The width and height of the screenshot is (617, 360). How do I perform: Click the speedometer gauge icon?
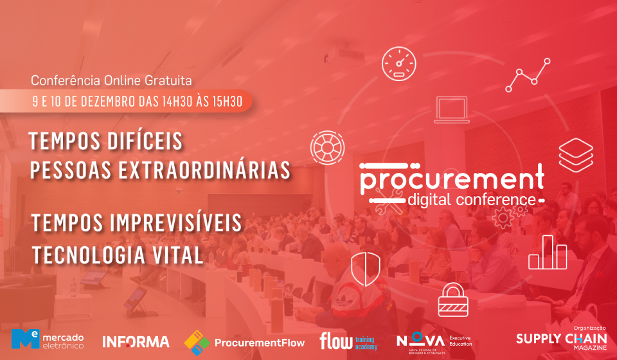[398, 64]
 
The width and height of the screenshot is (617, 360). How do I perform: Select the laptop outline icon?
[452, 110]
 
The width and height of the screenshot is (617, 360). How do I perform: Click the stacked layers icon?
[576, 155]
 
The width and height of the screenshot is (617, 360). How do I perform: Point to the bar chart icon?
[548, 252]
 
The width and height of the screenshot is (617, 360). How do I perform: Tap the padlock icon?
[453, 300]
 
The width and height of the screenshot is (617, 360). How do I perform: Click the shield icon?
[366, 269]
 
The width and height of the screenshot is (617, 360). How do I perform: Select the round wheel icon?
[327, 148]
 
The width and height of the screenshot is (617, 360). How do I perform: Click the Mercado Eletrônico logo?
[48, 339]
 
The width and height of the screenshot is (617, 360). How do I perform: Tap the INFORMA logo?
[136, 341]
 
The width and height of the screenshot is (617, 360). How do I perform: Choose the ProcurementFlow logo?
[244, 343]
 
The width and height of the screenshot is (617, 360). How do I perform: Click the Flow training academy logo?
[348, 341]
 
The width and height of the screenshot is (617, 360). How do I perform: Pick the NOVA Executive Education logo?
[434, 343]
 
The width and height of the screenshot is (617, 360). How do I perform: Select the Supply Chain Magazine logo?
[562, 338]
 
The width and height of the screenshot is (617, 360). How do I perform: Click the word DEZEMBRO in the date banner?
[108, 102]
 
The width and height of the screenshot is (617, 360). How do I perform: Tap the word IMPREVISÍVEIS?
[176, 222]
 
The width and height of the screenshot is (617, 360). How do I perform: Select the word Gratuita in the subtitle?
[168, 80]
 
